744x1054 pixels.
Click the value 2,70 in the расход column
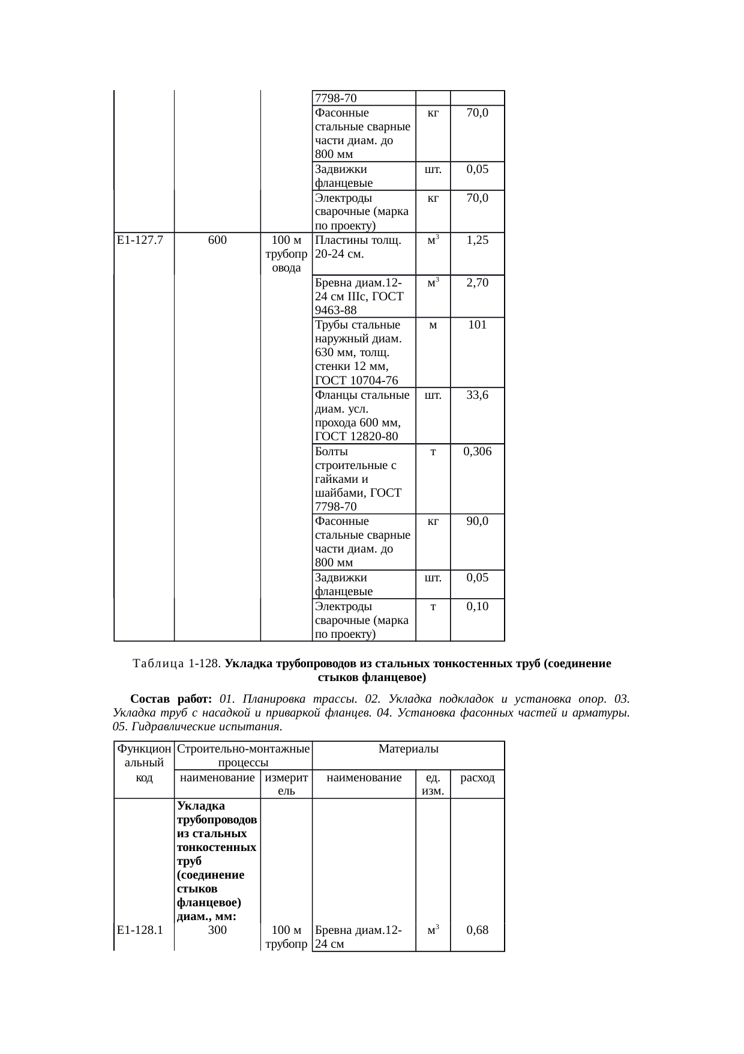click(477, 282)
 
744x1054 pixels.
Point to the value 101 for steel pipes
click(477, 325)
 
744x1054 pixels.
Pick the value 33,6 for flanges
click(477, 395)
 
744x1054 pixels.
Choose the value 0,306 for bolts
click(477, 452)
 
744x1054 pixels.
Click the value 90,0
click(477, 521)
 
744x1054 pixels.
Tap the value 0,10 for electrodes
click(477, 607)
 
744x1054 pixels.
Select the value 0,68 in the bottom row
click(477, 930)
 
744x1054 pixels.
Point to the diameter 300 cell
click(217, 930)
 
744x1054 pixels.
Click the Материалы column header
click(409, 749)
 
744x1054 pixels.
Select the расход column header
click(477, 778)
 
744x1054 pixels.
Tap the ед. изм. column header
click(433, 784)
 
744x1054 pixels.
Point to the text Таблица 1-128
click(177, 664)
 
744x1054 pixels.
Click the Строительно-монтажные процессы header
click(243, 756)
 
